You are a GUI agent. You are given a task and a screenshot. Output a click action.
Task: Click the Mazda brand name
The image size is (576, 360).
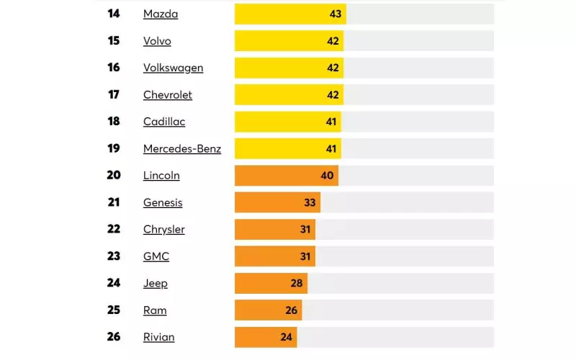(161, 14)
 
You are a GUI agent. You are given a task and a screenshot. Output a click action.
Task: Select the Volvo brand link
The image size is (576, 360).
(157, 41)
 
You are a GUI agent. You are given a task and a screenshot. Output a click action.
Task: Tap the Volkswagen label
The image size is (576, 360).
(173, 68)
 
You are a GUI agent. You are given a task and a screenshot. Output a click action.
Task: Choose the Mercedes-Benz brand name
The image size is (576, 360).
(182, 149)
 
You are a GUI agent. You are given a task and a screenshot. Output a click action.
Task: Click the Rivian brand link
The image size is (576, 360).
(158, 337)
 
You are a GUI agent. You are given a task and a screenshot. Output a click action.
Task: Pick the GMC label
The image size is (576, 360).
(156, 256)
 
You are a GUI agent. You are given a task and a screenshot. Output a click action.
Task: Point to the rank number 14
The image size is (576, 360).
(114, 14)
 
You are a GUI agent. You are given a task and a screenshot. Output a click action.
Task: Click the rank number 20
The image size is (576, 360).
(114, 175)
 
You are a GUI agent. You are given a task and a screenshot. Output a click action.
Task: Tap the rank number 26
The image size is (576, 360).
(114, 337)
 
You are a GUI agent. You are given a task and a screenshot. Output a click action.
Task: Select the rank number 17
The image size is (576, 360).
(114, 94)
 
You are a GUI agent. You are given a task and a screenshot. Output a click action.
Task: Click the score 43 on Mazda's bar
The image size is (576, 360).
(336, 14)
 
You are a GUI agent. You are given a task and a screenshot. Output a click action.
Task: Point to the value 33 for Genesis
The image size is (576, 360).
(310, 202)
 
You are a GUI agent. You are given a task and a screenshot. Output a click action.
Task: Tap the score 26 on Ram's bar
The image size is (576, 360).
(292, 310)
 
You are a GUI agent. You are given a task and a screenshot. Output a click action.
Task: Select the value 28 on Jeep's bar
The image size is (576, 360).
(297, 283)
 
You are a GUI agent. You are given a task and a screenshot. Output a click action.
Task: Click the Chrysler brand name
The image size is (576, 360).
(164, 230)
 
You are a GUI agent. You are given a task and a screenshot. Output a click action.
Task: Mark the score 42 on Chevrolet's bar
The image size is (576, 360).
(333, 94)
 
